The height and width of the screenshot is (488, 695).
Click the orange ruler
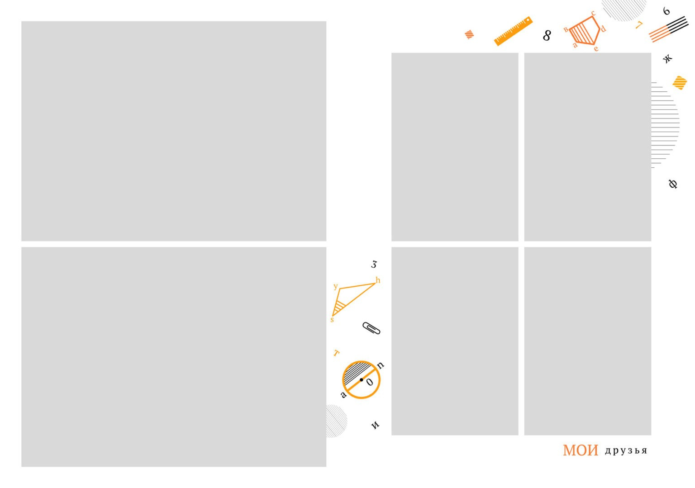tap(513, 31)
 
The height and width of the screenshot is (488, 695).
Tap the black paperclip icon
tap(371, 328)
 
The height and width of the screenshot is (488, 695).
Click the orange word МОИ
tap(581, 450)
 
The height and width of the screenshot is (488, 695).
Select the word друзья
tap(626, 451)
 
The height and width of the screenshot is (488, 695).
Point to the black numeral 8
tap(547, 35)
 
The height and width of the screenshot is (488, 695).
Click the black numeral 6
tap(666, 11)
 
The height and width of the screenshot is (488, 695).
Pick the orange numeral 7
tap(639, 25)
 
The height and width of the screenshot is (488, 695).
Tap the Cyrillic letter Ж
tap(668, 58)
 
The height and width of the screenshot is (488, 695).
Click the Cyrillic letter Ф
tap(673, 184)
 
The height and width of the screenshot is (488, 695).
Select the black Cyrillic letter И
tap(376, 425)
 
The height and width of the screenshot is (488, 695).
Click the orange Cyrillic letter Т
tap(336, 353)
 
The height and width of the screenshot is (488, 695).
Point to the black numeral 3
tap(374, 265)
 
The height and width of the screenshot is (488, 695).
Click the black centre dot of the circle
tap(362, 380)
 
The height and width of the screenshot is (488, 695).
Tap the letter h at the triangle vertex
tap(378, 280)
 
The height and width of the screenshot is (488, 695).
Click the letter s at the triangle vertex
tap(332, 320)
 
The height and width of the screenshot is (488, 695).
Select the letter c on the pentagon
tap(593, 13)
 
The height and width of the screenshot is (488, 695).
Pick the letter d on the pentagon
tap(603, 29)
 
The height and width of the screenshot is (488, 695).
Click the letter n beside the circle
tap(381, 365)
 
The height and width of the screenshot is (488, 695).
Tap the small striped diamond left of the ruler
tap(469, 34)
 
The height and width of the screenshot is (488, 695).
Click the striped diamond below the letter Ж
tap(680, 83)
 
